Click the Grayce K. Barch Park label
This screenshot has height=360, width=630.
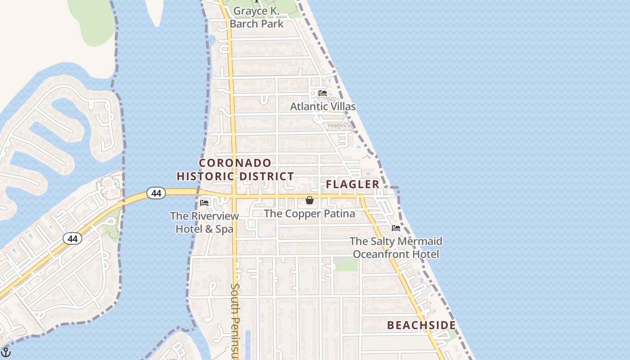tap(256, 17)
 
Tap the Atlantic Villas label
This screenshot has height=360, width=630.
tap(323, 107)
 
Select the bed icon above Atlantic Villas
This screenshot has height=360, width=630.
tap(322, 93)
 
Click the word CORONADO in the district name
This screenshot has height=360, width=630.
tap(235, 163)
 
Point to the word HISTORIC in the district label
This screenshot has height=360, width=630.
tap(205, 176)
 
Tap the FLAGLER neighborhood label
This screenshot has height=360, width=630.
tap(353, 184)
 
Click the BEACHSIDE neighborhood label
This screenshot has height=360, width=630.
tap(421, 325)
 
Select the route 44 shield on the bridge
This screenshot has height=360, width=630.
tap(156, 193)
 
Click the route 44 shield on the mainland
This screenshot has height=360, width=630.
tap(72, 238)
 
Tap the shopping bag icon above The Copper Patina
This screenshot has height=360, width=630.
tap(310, 200)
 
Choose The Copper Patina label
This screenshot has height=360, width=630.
tap(310, 213)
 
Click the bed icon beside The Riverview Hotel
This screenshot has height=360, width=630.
tap(204, 203)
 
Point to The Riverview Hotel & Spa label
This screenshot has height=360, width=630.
tap(204, 222)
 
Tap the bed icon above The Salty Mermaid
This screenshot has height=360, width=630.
tap(396, 228)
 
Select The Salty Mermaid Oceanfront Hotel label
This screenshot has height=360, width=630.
tap(396, 247)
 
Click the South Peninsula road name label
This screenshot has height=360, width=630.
tap(235, 321)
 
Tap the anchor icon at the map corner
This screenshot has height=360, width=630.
tap(6, 352)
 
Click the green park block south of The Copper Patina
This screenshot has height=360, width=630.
tap(346, 264)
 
